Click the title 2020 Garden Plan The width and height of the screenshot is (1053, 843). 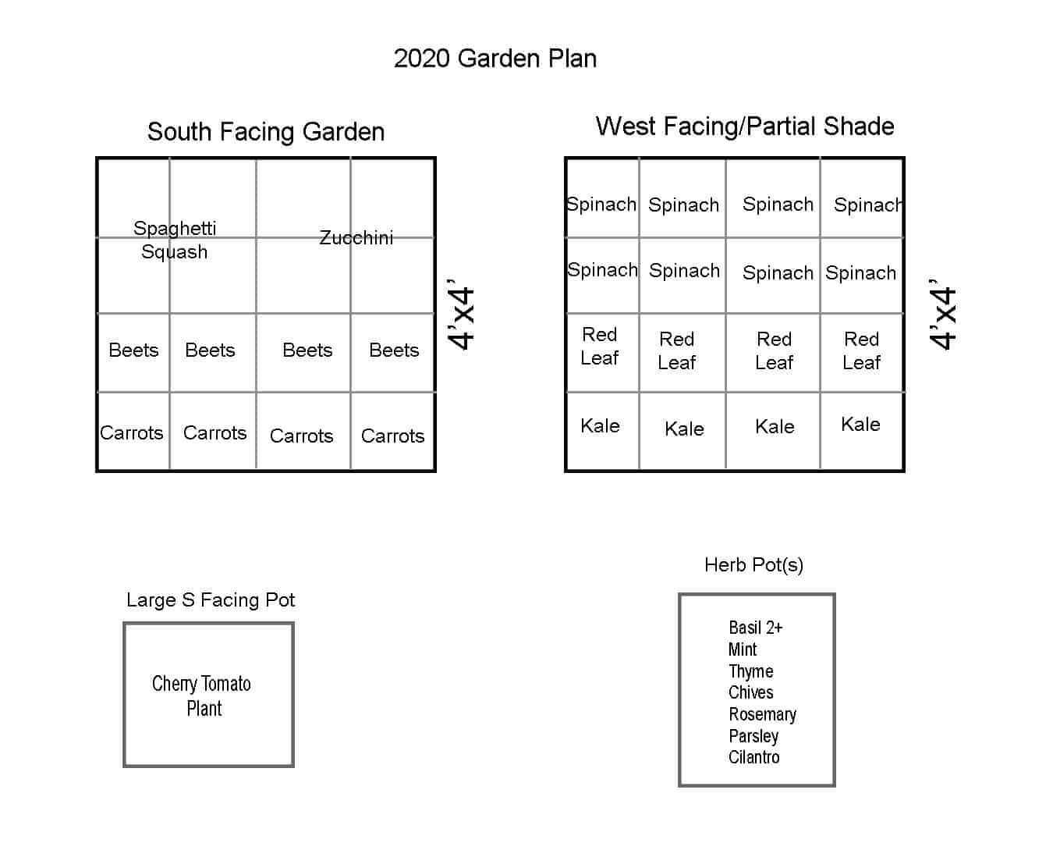pyautogui.click(x=495, y=59)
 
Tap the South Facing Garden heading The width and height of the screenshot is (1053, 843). pyautogui.click(x=266, y=132)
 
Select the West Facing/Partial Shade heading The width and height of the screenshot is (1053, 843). pyautogui.click(x=745, y=126)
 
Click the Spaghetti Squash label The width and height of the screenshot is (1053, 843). pyautogui.click(x=175, y=240)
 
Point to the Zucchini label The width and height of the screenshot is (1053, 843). pyautogui.click(x=356, y=237)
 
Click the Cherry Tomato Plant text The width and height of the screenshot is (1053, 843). pyautogui.click(x=201, y=696)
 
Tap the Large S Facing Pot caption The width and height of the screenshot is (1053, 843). pyautogui.click(x=211, y=600)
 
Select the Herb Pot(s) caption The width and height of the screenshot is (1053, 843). pyautogui.click(x=753, y=565)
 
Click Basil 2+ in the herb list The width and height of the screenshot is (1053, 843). pyautogui.click(x=756, y=628)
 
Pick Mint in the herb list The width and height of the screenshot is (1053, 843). pyautogui.click(x=743, y=649)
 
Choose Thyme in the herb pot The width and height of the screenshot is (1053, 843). pyautogui.click(x=750, y=671)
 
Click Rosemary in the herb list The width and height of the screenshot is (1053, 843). pyautogui.click(x=762, y=715)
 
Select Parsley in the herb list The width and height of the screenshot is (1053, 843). pyautogui.click(x=753, y=736)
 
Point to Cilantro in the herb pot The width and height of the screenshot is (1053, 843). pyautogui.click(x=753, y=757)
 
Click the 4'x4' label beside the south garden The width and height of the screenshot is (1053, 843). pyautogui.click(x=460, y=315)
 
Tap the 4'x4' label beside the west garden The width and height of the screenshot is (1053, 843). pyautogui.click(x=942, y=315)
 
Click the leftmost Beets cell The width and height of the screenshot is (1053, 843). pyautogui.click(x=133, y=350)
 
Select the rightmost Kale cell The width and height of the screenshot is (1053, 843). pyautogui.click(x=861, y=424)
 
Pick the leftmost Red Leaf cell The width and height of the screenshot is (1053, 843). pyautogui.click(x=599, y=347)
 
